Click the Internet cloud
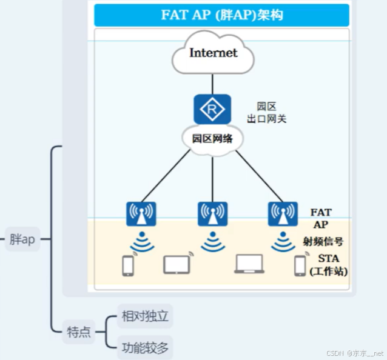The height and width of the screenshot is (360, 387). click(213, 53)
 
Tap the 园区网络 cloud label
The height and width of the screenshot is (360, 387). click(212, 138)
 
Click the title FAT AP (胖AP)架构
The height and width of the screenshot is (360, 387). click(221, 15)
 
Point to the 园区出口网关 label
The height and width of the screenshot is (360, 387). click(266, 113)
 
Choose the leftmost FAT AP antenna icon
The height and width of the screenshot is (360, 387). click(141, 214)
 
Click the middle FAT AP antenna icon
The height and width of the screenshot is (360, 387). click(212, 214)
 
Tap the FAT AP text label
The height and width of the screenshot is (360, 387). click(321, 218)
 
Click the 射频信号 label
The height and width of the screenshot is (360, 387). click(323, 242)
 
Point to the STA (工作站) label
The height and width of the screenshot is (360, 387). click(328, 265)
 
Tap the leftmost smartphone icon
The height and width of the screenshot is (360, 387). click(128, 265)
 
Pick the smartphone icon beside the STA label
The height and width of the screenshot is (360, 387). click(300, 265)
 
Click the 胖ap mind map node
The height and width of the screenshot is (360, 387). click(22, 239)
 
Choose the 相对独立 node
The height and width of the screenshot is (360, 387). click(144, 316)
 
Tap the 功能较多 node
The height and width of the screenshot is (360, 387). click(144, 348)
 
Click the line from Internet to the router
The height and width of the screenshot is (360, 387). click(212, 84)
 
